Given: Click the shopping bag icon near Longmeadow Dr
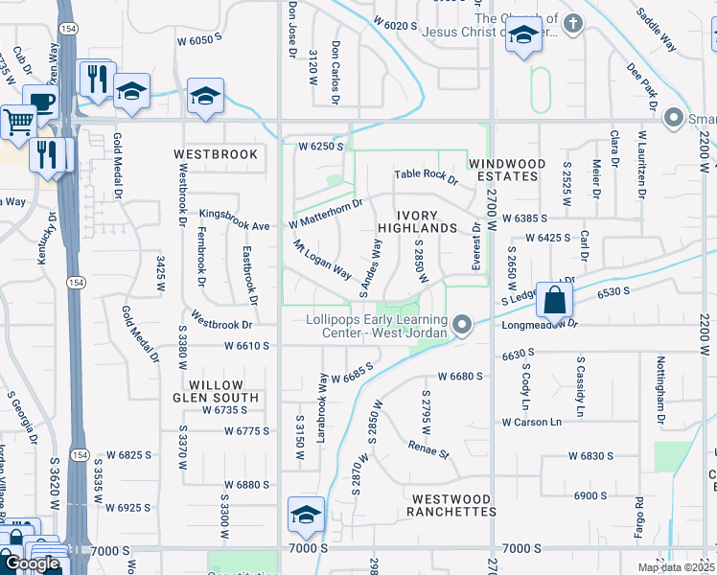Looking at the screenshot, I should tap(554, 301).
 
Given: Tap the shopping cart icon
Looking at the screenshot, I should tap(17, 122).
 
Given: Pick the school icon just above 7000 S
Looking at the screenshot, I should tap(306, 515).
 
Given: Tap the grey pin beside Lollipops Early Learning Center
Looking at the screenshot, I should tap(462, 326).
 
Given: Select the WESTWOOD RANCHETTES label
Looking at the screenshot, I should tap(453, 505).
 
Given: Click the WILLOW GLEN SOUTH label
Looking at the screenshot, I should tap(216, 390).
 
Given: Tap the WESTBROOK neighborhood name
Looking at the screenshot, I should tap(216, 154).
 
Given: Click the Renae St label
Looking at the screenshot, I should tap(428, 448).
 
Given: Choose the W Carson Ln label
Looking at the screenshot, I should tap(529, 422).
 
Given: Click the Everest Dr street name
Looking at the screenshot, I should tap(476, 245).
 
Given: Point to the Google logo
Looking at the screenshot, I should tap(32, 563).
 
